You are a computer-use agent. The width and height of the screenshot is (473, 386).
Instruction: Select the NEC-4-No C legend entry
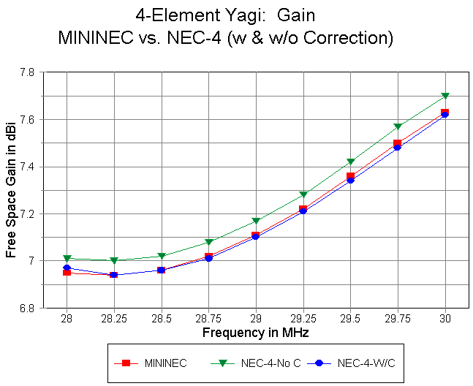[x=260, y=363]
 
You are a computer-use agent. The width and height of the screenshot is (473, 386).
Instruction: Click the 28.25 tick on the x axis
[x=114, y=319]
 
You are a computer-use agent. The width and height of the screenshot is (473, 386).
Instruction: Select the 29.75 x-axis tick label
[x=398, y=319]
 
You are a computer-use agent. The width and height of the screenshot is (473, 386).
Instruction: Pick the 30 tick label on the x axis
[x=445, y=319]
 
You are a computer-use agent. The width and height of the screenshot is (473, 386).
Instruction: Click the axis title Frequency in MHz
[x=256, y=333]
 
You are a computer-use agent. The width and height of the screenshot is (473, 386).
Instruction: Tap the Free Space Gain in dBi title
[x=11, y=190]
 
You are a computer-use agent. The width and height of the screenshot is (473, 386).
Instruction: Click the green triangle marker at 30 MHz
[x=445, y=96]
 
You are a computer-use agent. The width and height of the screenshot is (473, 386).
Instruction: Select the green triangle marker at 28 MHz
[x=67, y=258]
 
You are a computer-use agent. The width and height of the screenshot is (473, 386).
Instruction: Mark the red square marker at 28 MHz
[x=67, y=273]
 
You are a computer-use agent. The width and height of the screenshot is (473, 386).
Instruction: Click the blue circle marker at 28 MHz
[x=67, y=268]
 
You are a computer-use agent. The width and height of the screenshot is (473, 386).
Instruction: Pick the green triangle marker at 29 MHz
[x=256, y=221]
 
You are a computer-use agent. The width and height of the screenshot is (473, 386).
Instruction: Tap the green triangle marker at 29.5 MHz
[x=351, y=162]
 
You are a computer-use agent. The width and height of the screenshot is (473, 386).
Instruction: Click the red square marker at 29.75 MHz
[x=398, y=143]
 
